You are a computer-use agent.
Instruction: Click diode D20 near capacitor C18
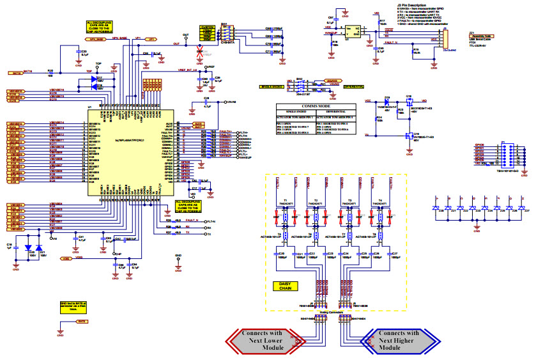(28, 247)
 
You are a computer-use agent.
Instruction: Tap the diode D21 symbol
(39, 247)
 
